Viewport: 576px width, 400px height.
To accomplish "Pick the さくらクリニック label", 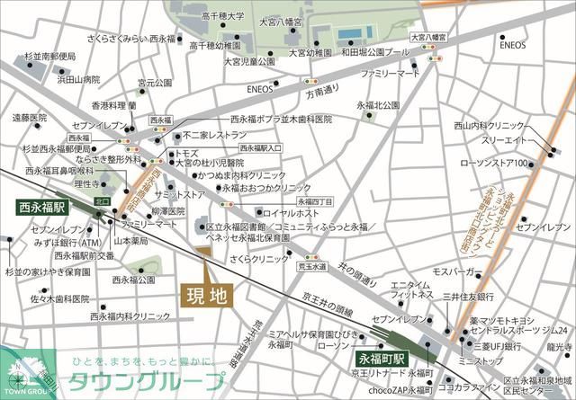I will pyautogui.click(x=261, y=258).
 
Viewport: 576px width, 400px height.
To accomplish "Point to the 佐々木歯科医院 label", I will pyautogui.click(x=59, y=299).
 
